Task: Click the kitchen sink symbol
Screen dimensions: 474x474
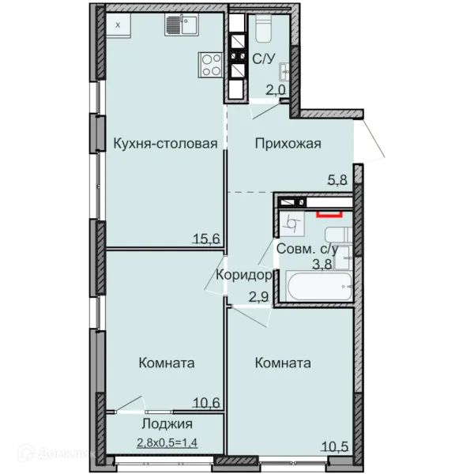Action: click(x=181, y=25)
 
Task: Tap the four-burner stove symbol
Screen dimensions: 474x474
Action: click(x=211, y=65)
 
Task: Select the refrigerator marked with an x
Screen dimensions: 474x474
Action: click(x=118, y=25)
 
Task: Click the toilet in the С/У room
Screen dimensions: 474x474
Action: click(x=264, y=28)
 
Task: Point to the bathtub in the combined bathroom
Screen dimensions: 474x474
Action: click(x=319, y=287)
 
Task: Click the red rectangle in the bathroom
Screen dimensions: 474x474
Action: click(x=329, y=214)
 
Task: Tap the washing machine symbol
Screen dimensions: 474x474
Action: click(x=291, y=224)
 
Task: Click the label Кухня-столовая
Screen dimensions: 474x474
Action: click(x=165, y=144)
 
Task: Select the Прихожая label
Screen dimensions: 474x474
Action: click(x=288, y=144)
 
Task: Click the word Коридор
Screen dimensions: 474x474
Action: click(x=244, y=275)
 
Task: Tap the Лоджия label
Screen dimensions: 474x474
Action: click(x=167, y=424)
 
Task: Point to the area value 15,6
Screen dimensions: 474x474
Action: click(x=206, y=239)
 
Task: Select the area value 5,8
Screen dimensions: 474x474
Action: click(x=337, y=180)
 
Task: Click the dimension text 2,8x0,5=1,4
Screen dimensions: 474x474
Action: click(x=167, y=443)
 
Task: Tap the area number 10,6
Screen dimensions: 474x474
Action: click(x=206, y=403)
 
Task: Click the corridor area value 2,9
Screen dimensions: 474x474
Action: click(x=259, y=297)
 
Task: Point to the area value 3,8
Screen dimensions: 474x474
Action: click(x=322, y=264)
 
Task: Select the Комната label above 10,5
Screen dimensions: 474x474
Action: click(x=283, y=363)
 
